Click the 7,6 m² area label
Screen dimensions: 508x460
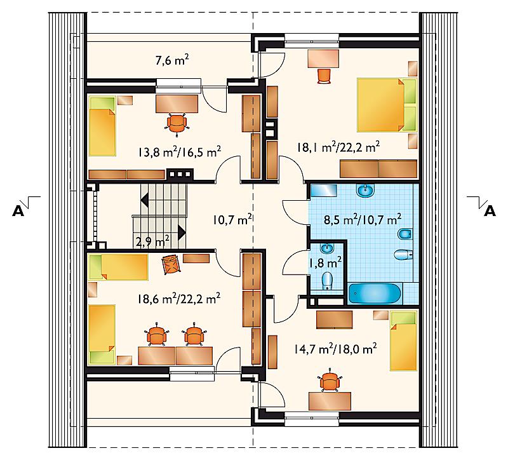(x=172, y=60)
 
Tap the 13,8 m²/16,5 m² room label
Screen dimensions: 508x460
(x=180, y=151)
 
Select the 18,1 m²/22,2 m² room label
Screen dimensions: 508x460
(x=338, y=147)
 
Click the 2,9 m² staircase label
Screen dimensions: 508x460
(x=152, y=241)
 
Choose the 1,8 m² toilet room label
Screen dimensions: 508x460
(x=325, y=262)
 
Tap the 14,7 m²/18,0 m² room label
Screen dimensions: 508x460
(x=335, y=349)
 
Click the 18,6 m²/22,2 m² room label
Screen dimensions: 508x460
(x=179, y=297)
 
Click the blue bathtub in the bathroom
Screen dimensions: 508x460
(x=375, y=294)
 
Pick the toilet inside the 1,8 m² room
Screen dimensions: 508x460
(x=328, y=280)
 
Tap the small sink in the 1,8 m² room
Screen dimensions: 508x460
(x=327, y=248)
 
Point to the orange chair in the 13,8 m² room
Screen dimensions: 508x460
(x=177, y=122)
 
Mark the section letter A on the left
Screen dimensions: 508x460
(x=18, y=211)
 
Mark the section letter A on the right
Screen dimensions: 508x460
(x=490, y=211)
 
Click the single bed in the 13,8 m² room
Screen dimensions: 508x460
(x=102, y=126)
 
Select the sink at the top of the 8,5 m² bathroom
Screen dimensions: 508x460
(x=366, y=190)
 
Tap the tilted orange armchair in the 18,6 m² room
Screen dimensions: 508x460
(x=171, y=264)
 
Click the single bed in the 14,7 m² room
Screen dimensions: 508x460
(x=403, y=341)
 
